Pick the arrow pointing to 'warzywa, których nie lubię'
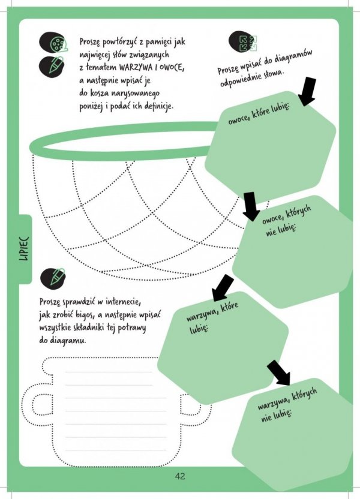pyautogui.click(x=279, y=372)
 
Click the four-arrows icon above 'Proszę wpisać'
pyautogui.click(x=247, y=41)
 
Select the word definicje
pyautogui.click(x=156, y=107)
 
